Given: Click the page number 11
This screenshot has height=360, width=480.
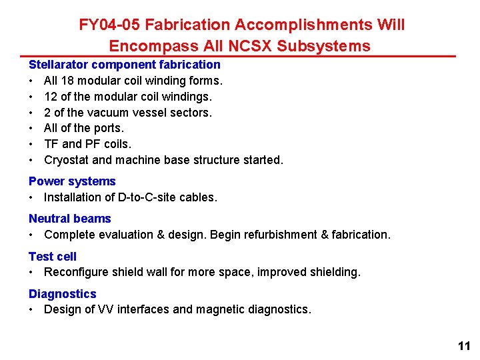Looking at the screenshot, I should pos(464,345).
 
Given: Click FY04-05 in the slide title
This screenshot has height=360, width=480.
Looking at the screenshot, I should pos(109,25).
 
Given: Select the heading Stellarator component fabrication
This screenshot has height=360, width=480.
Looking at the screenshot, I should pos(124,65).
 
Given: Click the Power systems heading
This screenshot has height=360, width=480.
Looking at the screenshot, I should pos(72,181).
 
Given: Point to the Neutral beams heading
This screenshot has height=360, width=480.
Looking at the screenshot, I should pos(69,219).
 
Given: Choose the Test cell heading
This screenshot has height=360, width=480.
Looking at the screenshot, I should pos(53,256).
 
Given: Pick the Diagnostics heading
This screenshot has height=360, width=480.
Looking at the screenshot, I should pos(62,293).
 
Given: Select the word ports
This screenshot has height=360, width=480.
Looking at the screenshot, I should pos(108,128).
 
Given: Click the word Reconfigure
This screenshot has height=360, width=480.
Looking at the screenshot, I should pos(76,272).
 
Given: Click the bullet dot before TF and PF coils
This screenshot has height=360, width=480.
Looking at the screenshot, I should pos(31,144).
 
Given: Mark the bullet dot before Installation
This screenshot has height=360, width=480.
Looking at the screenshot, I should pos(31,197).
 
